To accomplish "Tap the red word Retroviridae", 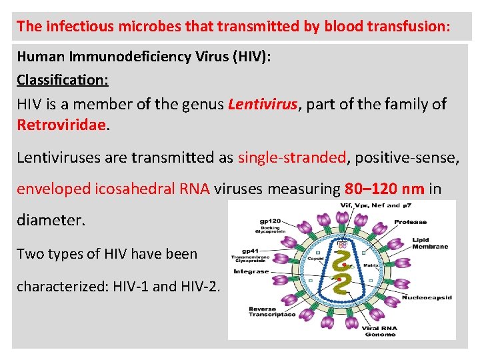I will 61,125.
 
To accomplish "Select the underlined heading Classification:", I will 63,80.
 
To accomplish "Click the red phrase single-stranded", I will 292,157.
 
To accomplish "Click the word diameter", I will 51,220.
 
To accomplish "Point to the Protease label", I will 411,222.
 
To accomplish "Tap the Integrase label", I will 251,271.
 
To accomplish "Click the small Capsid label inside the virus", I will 316,259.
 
